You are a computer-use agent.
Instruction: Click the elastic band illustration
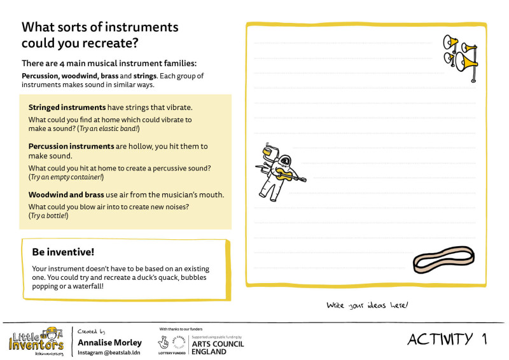point(444,261)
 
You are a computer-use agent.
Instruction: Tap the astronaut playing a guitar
point(281,170)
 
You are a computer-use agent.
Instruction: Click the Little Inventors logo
point(36,341)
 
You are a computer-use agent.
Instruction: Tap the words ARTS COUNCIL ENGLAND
point(218,347)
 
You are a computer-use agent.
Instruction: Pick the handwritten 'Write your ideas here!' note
point(367,305)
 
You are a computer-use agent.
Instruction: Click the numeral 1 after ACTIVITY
point(485,339)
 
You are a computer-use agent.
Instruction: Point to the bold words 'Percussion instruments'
point(71,146)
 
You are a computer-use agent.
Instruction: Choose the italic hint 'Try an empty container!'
point(67,177)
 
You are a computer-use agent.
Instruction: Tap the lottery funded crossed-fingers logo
point(172,342)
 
